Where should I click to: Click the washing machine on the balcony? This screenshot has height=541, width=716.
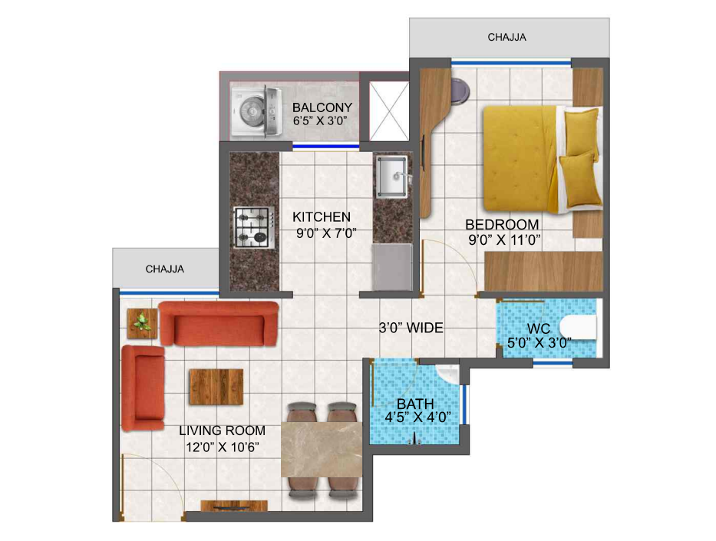pos(256,111)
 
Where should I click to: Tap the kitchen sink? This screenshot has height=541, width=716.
pos(391,177)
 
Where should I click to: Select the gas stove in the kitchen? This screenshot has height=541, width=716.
pos(254,227)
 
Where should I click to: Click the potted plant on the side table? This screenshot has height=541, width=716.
pos(143,322)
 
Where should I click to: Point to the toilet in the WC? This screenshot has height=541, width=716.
pos(578,328)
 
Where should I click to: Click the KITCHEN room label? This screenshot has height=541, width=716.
pos(322,217)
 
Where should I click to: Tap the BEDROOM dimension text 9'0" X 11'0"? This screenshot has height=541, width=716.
pos(505,239)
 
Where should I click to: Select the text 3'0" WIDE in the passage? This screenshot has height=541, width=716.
pos(411,328)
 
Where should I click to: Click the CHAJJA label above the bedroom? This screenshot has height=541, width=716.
pos(506,38)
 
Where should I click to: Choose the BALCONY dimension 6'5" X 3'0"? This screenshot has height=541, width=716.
pos(321,121)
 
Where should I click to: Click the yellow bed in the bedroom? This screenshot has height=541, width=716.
pos(543,159)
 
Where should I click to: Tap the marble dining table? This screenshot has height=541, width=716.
pos(322,450)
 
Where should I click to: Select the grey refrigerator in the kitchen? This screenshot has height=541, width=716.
pos(392,267)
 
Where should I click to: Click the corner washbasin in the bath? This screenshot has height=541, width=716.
pos(449,373)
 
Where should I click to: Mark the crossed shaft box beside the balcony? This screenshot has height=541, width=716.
pos(388,111)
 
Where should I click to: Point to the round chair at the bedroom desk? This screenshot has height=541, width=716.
pos(459,90)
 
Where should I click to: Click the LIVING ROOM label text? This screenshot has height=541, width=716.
pos(222,430)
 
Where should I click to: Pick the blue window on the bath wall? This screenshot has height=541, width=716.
pos(464,405)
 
